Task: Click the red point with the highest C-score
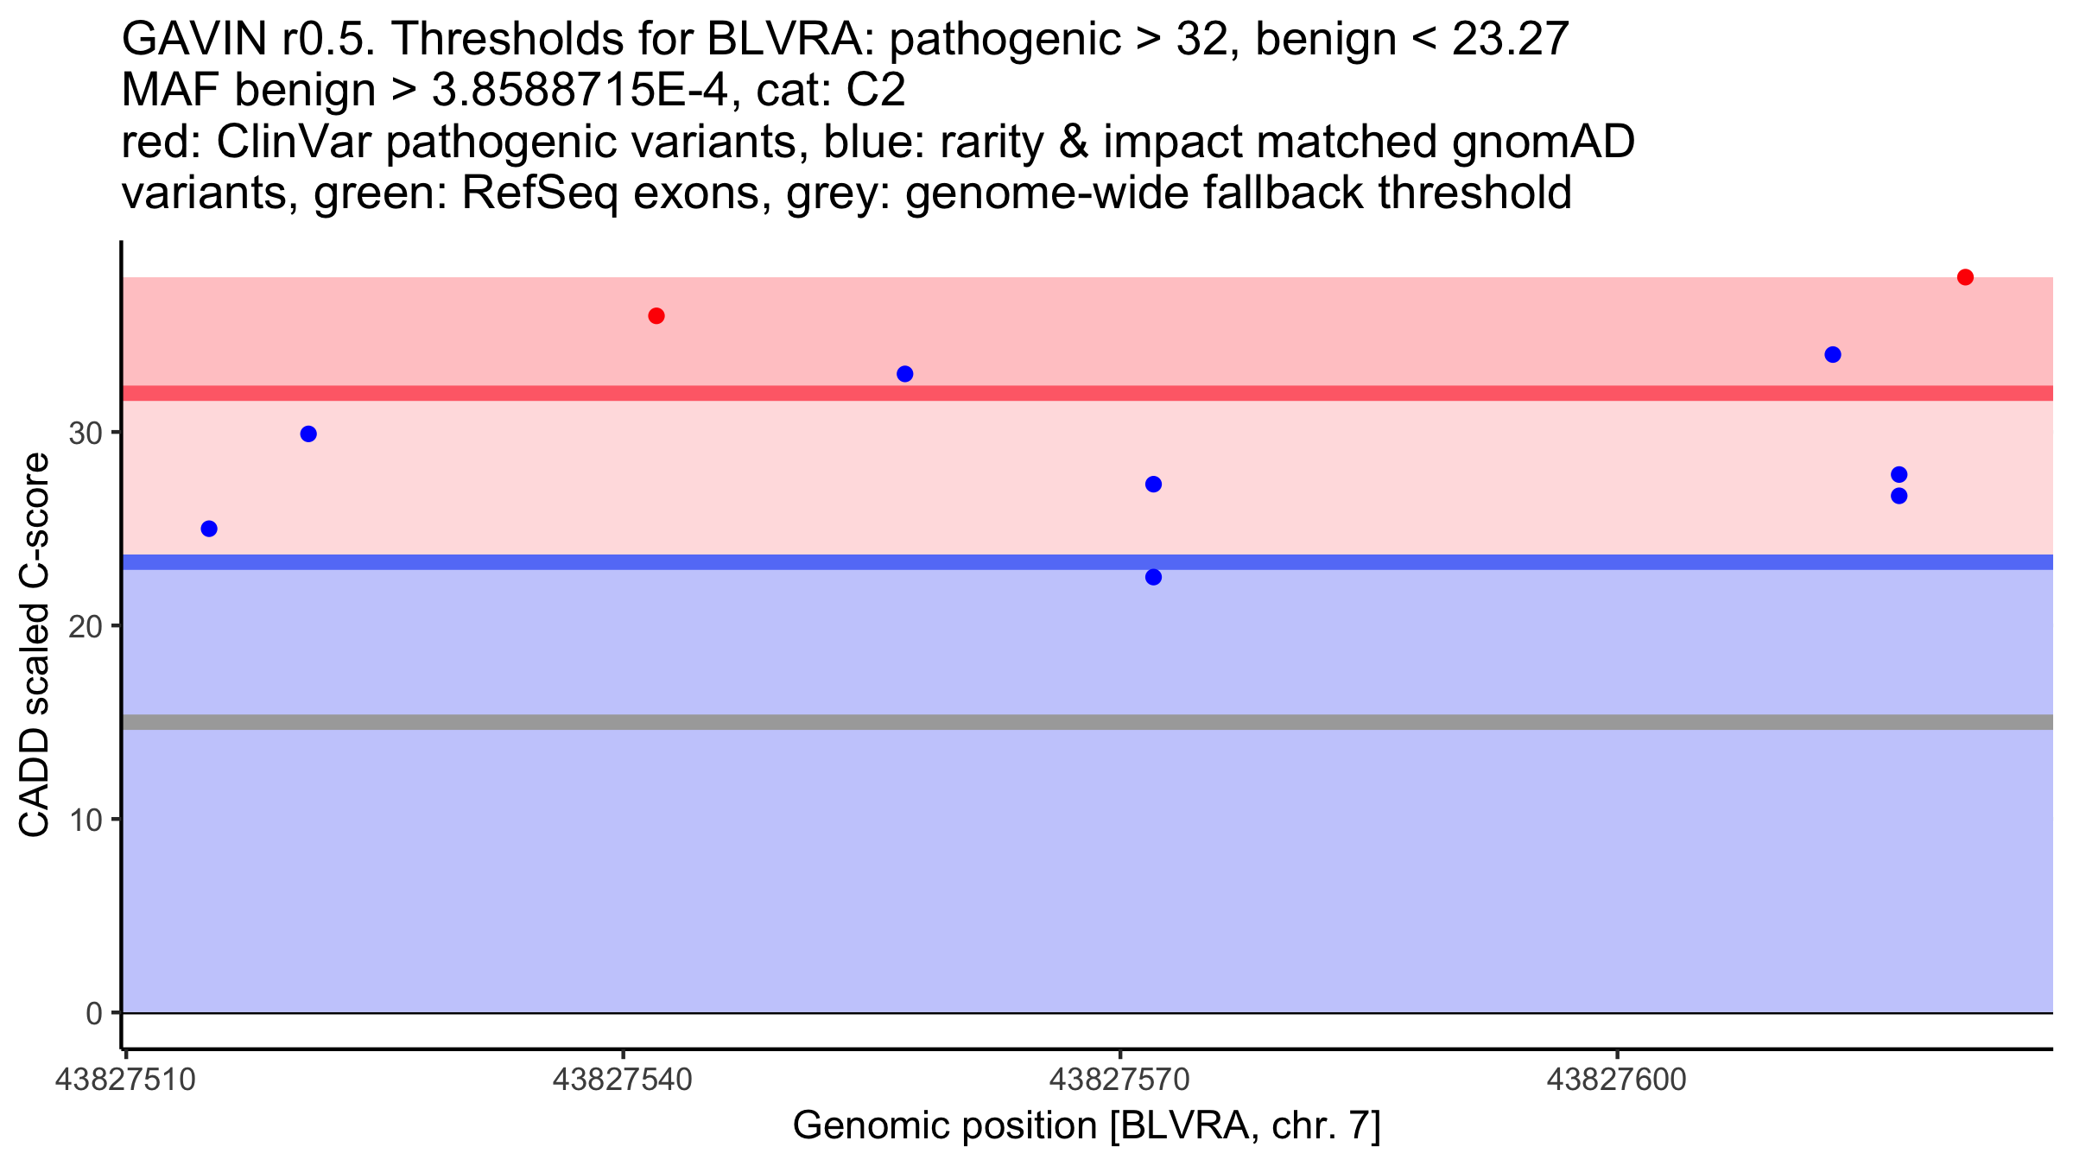coord(1965,277)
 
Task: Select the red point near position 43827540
coord(656,316)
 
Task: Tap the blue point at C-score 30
coord(308,434)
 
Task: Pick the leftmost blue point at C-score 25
coord(209,529)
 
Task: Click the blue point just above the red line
coord(905,374)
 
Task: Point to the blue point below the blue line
coord(1154,577)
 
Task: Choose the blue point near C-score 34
coord(1833,355)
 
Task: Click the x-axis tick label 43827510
coord(125,1080)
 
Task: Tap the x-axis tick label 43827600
coord(1616,1080)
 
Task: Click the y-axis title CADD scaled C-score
coord(34,645)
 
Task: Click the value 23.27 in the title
coord(1510,40)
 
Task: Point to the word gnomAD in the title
coord(1544,143)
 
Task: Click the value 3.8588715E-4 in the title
coord(580,91)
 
